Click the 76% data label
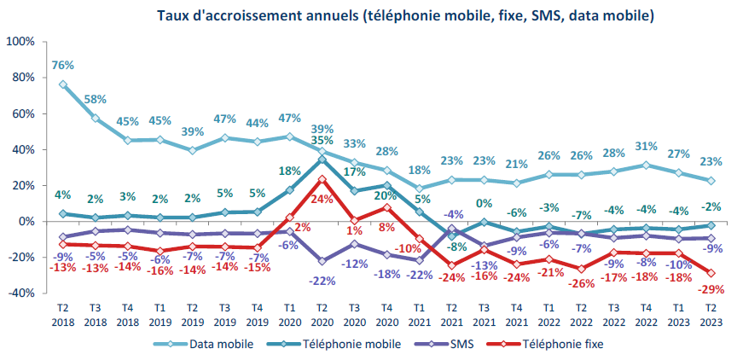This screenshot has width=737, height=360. pos(62,65)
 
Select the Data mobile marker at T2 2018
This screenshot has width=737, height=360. pos(62,84)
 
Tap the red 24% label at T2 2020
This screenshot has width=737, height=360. pos(321,199)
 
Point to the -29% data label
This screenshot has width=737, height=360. pos(710,290)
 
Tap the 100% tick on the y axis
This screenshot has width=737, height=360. pos(20,42)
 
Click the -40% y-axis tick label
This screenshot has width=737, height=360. pos(20,293)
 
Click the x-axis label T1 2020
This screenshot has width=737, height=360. pos(288,316)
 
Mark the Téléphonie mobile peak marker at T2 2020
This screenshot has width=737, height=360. pos(322,159)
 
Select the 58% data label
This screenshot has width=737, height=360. pos(95,99)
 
